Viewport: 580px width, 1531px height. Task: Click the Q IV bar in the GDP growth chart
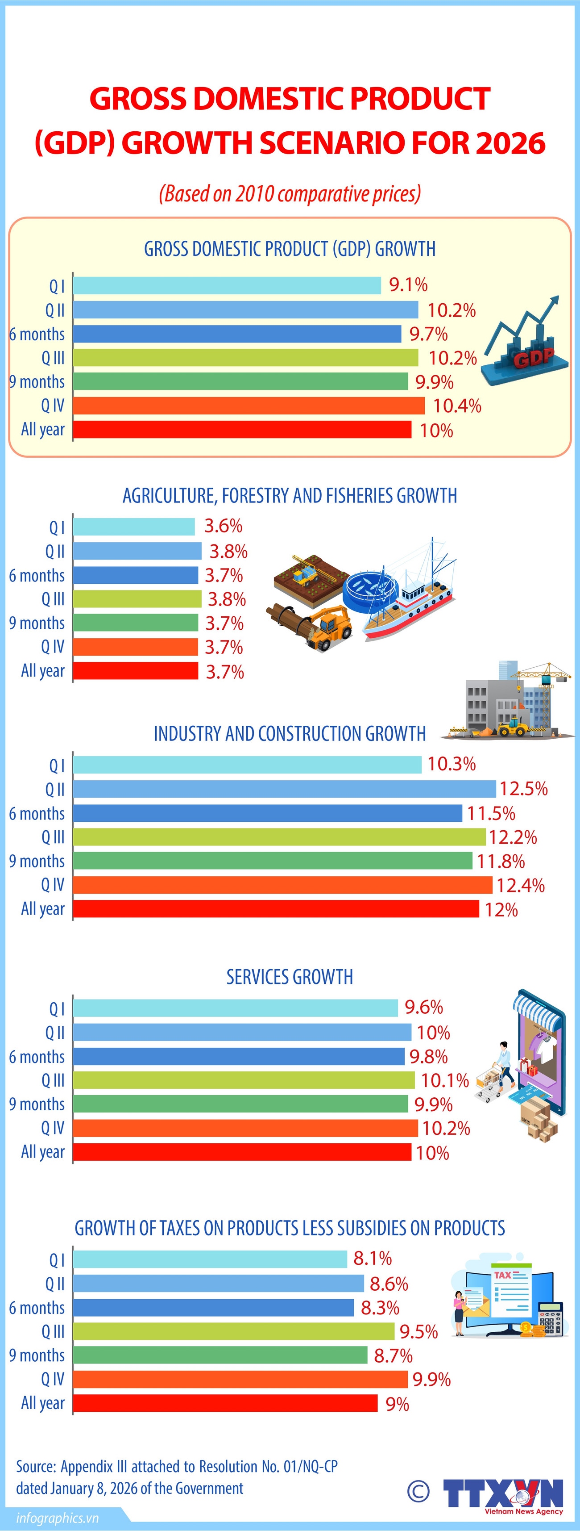pyautogui.click(x=249, y=406)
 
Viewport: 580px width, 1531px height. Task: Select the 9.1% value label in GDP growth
pyautogui.click(x=408, y=284)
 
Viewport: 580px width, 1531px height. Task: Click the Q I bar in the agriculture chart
pyautogui.click(x=134, y=527)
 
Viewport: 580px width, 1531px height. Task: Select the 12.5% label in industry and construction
pyautogui.click(x=523, y=789)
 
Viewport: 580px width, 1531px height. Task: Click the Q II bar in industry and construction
pyautogui.click(x=285, y=789)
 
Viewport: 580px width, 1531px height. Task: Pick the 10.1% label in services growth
pyautogui.click(x=445, y=1080)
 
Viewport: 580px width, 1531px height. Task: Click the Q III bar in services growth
pyautogui.click(x=244, y=1080)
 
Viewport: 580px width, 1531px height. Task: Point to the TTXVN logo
pyautogui.click(x=503, y=1493)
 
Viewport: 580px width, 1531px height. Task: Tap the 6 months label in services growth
pyautogui.click(x=37, y=1057)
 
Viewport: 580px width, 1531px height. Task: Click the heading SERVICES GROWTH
pyautogui.click(x=290, y=976)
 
